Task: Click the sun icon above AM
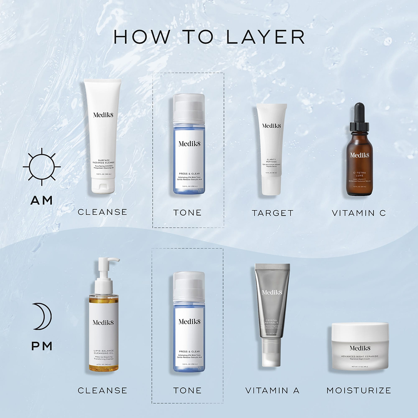pos(42,167)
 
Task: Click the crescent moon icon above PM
pos(42,316)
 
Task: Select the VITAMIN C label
pos(359,213)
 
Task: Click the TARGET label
pos(272,213)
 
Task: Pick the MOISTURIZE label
pos(358,391)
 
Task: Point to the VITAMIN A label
pos(272,391)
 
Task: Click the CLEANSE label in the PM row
pos(102,391)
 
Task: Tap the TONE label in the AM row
pos(187,213)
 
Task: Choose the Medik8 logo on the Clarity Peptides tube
pos(271,126)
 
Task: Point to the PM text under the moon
pos(42,346)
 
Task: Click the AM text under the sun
pos(42,200)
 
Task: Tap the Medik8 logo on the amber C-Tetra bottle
pos(359,155)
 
